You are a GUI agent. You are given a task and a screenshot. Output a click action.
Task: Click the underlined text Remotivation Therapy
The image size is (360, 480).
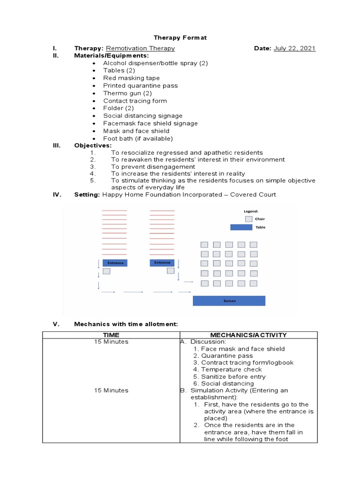[x=140, y=48]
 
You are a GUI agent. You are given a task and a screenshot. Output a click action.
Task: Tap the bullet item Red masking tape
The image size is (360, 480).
[x=131, y=78]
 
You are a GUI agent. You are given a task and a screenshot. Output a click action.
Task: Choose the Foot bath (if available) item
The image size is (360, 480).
[x=138, y=138]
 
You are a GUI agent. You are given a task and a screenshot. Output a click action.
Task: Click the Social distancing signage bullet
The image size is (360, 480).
[x=142, y=116]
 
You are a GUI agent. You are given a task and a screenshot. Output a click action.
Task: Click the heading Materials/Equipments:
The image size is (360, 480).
[x=111, y=55]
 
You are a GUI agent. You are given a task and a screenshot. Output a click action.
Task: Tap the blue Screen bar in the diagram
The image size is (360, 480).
[x=229, y=301]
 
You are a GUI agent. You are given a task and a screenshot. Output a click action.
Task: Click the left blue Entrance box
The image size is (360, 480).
[x=115, y=263]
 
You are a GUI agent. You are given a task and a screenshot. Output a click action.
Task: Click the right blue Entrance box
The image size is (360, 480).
[x=162, y=263]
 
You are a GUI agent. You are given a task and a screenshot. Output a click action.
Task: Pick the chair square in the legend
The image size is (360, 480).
[x=248, y=219]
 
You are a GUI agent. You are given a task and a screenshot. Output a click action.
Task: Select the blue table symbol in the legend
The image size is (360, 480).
[x=241, y=227]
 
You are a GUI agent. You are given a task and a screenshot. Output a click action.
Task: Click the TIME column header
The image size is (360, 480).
[x=111, y=335]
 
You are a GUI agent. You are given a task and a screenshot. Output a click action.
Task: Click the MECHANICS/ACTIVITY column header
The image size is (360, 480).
[x=248, y=335]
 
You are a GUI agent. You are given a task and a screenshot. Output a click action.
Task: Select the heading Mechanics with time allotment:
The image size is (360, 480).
[x=126, y=324]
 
